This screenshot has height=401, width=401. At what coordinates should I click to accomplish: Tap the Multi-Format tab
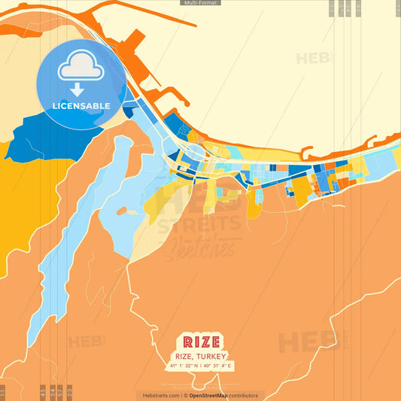click(200, 3)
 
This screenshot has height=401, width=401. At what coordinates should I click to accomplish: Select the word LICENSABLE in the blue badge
click(81, 106)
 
